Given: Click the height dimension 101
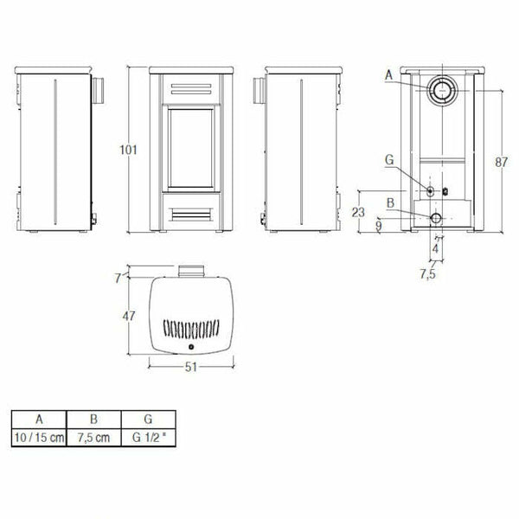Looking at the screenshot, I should pyautogui.click(x=128, y=150).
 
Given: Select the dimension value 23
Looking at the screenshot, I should pyautogui.click(x=364, y=211).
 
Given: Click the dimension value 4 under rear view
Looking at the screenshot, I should pyautogui.click(x=436, y=248).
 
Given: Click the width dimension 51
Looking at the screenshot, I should pyautogui.click(x=191, y=366).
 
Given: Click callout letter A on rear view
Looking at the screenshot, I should pyautogui.click(x=389, y=76).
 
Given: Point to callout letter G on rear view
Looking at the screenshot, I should pyautogui.click(x=389, y=161).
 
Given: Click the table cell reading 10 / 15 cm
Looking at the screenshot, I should pyautogui.click(x=40, y=438).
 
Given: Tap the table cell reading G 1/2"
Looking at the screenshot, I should pyautogui.click(x=148, y=438).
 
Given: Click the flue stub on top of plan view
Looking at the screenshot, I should pyautogui.click(x=191, y=272).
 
